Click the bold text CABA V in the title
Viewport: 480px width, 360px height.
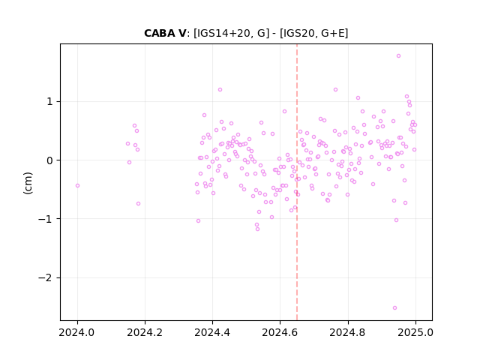tap(165, 33)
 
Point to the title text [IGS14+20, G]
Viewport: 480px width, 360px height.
tap(232, 33)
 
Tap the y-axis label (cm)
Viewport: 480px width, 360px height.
tap(28, 183)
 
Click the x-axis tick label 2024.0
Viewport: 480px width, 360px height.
tap(76, 332)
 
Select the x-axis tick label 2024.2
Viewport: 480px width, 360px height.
tap(145, 332)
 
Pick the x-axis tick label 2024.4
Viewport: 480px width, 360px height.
tap(212, 332)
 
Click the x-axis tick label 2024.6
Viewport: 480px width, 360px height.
tap(280, 332)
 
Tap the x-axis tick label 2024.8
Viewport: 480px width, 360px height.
tap(347, 332)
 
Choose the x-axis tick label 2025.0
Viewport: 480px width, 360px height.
tap(415, 332)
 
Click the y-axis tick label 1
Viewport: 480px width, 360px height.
tap(50, 102)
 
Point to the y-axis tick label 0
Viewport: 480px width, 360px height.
tap(50, 160)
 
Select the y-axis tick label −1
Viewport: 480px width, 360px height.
tap(46, 219)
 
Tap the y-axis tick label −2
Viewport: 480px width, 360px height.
tap(46, 278)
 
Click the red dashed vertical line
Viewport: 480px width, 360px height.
tap(297, 182)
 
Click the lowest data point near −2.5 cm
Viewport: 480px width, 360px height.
tap(394, 307)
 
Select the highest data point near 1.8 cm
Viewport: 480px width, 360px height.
tap(398, 55)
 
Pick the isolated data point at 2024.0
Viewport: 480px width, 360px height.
tap(77, 185)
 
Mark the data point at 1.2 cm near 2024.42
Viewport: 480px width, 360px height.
tap(220, 90)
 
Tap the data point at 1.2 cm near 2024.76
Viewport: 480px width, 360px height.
tap(335, 90)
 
